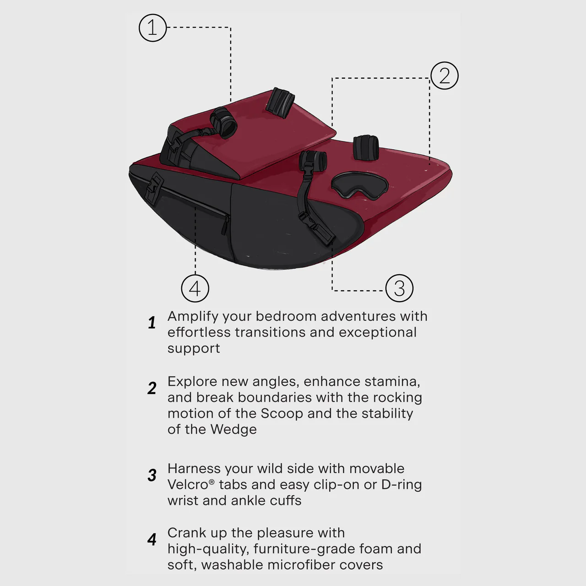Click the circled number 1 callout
[152, 28]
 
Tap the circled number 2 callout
[444, 76]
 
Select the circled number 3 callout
[399, 288]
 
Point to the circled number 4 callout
[195, 288]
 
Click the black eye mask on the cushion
[360, 186]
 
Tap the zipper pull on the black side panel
[225, 226]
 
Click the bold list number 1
[152, 323]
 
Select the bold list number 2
[152, 388]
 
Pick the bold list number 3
[152, 475]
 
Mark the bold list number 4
[152, 539]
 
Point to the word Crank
[187, 533]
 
